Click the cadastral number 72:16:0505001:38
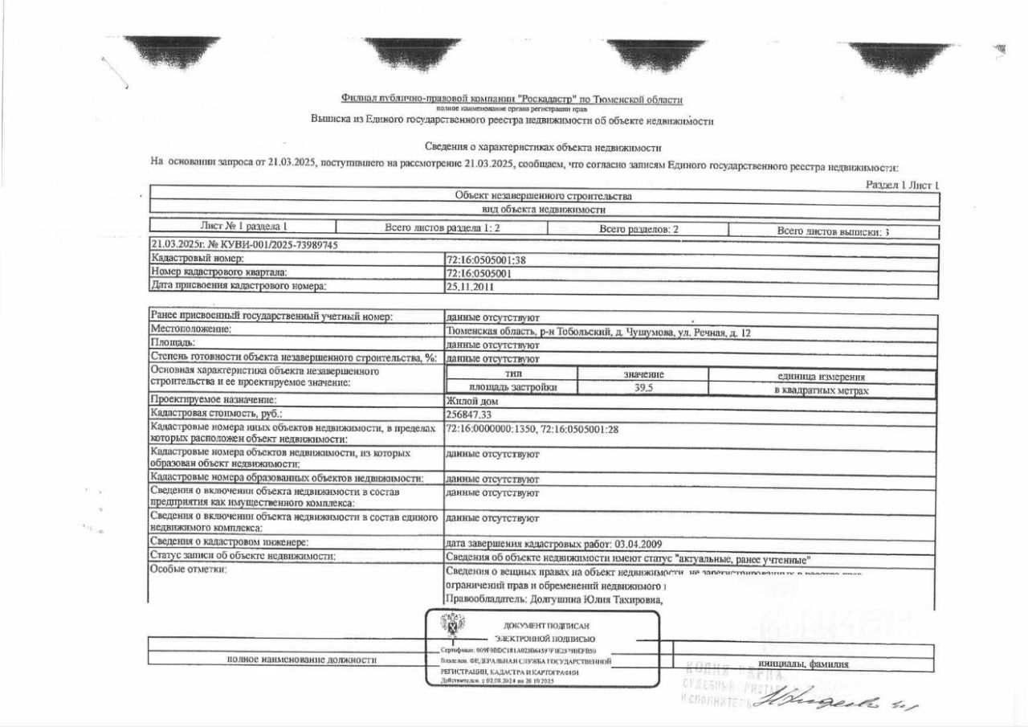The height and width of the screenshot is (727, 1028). tap(485, 259)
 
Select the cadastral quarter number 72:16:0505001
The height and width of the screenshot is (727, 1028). tap(479, 273)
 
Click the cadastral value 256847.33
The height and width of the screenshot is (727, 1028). tap(468, 415)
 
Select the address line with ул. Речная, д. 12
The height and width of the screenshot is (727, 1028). tap(598, 332)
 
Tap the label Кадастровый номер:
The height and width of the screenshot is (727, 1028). tap(198, 259)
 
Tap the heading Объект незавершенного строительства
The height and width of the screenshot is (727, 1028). tap(543, 196)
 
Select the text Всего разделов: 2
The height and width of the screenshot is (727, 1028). tap(638, 230)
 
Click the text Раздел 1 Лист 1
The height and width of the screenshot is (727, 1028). tap(902, 185)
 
